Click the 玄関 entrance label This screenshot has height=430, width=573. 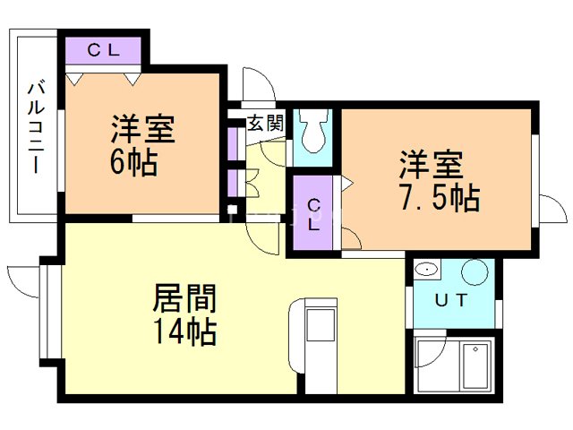pos(266,123)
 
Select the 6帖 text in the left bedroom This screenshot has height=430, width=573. pos(134,162)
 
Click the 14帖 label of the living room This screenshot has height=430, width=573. pos(185,331)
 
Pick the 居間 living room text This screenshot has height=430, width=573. pos(185,298)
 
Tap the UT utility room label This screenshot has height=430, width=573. pos(451,300)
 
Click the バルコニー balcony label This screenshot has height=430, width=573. pos(36,127)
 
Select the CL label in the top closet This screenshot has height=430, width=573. pos(104,50)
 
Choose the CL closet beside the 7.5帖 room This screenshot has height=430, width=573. pos(313,214)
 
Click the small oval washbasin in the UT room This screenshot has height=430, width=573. pos(426,270)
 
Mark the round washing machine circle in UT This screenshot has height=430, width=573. pos(475,272)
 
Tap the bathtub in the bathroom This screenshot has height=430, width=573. pos(475,365)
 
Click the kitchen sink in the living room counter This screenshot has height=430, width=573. pos(321,325)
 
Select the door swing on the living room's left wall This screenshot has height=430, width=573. pos(22,281)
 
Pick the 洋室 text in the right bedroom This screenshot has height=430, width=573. pos(432,164)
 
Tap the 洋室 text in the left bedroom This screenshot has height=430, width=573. pos(143,129)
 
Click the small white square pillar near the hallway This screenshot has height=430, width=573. pos(232,210)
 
